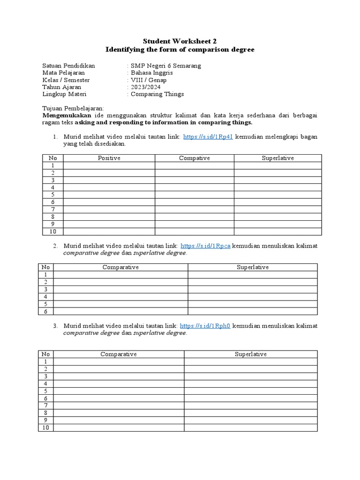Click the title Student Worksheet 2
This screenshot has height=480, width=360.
coord(180,41)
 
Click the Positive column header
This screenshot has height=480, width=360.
coord(109,158)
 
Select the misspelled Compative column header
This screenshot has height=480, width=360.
coord(194,158)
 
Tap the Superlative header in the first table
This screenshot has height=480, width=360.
coord(277,158)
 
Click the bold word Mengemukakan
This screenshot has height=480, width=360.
coord(67,115)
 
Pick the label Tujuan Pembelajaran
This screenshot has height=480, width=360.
coord(73,108)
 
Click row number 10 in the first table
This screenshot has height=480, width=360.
coord(52,231)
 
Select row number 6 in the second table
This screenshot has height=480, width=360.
coord(46,311)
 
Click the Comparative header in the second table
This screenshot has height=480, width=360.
coord(120,267)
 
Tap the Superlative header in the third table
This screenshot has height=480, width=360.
coord(250,354)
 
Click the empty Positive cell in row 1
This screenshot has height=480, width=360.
coord(109,165)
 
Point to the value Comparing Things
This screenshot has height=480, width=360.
coord(157,94)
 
